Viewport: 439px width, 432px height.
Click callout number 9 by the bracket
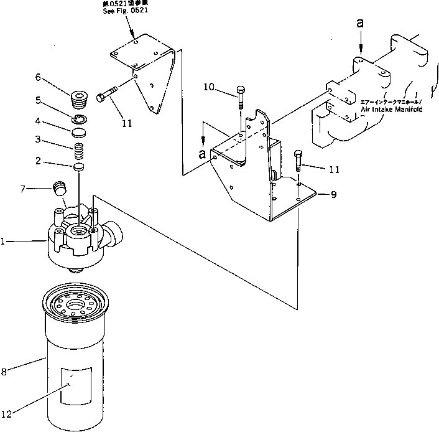pos(334,195)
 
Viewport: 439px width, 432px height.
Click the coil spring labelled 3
pos(79,151)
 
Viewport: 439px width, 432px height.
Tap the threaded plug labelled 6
pos(80,99)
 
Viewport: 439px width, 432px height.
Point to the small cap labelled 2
pos(79,167)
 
